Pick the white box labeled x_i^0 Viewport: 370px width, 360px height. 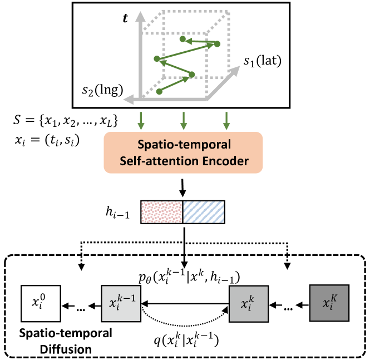40,304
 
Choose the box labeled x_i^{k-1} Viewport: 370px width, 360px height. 120,304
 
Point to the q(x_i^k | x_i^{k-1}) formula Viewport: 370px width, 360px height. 185,336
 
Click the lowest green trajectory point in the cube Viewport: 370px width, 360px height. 160,90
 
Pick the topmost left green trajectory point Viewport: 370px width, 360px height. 183,39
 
